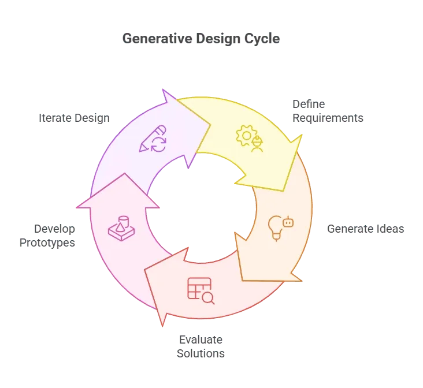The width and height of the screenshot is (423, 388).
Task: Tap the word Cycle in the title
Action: click(x=262, y=39)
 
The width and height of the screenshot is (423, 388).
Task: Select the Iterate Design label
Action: click(x=74, y=118)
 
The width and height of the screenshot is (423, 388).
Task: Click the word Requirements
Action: click(x=328, y=118)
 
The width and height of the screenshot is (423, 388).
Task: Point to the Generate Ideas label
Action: click(x=366, y=229)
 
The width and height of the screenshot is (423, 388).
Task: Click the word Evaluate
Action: click(x=201, y=339)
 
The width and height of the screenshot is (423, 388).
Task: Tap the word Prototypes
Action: click(x=47, y=243)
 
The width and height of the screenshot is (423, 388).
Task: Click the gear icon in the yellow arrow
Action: click(x=246, y=136)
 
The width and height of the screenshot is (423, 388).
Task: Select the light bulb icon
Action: click(x=276, y=228)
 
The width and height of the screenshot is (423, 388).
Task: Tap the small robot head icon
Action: click(x=288, y=222)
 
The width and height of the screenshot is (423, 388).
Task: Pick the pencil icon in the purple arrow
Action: click(x=152, y=138)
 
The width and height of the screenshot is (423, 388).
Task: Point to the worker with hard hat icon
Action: click(x=257, y=144)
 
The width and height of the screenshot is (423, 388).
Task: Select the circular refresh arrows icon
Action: click(x=158, y=144)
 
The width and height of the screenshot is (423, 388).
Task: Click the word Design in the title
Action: click(x=218, y=39)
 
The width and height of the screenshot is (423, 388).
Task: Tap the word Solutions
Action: click(x=201, y=353)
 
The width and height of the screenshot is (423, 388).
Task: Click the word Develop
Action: click(x=54, y=229)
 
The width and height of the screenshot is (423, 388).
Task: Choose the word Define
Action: click(x=309, y=105)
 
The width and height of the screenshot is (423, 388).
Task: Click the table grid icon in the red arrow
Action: click(x=199, y=288)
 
